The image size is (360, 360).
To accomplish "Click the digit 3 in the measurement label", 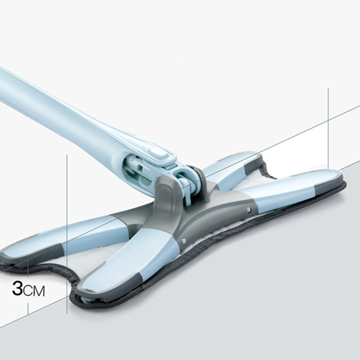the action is click(x=17, y=289).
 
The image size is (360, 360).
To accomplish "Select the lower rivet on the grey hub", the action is click(x=184, y=240).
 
